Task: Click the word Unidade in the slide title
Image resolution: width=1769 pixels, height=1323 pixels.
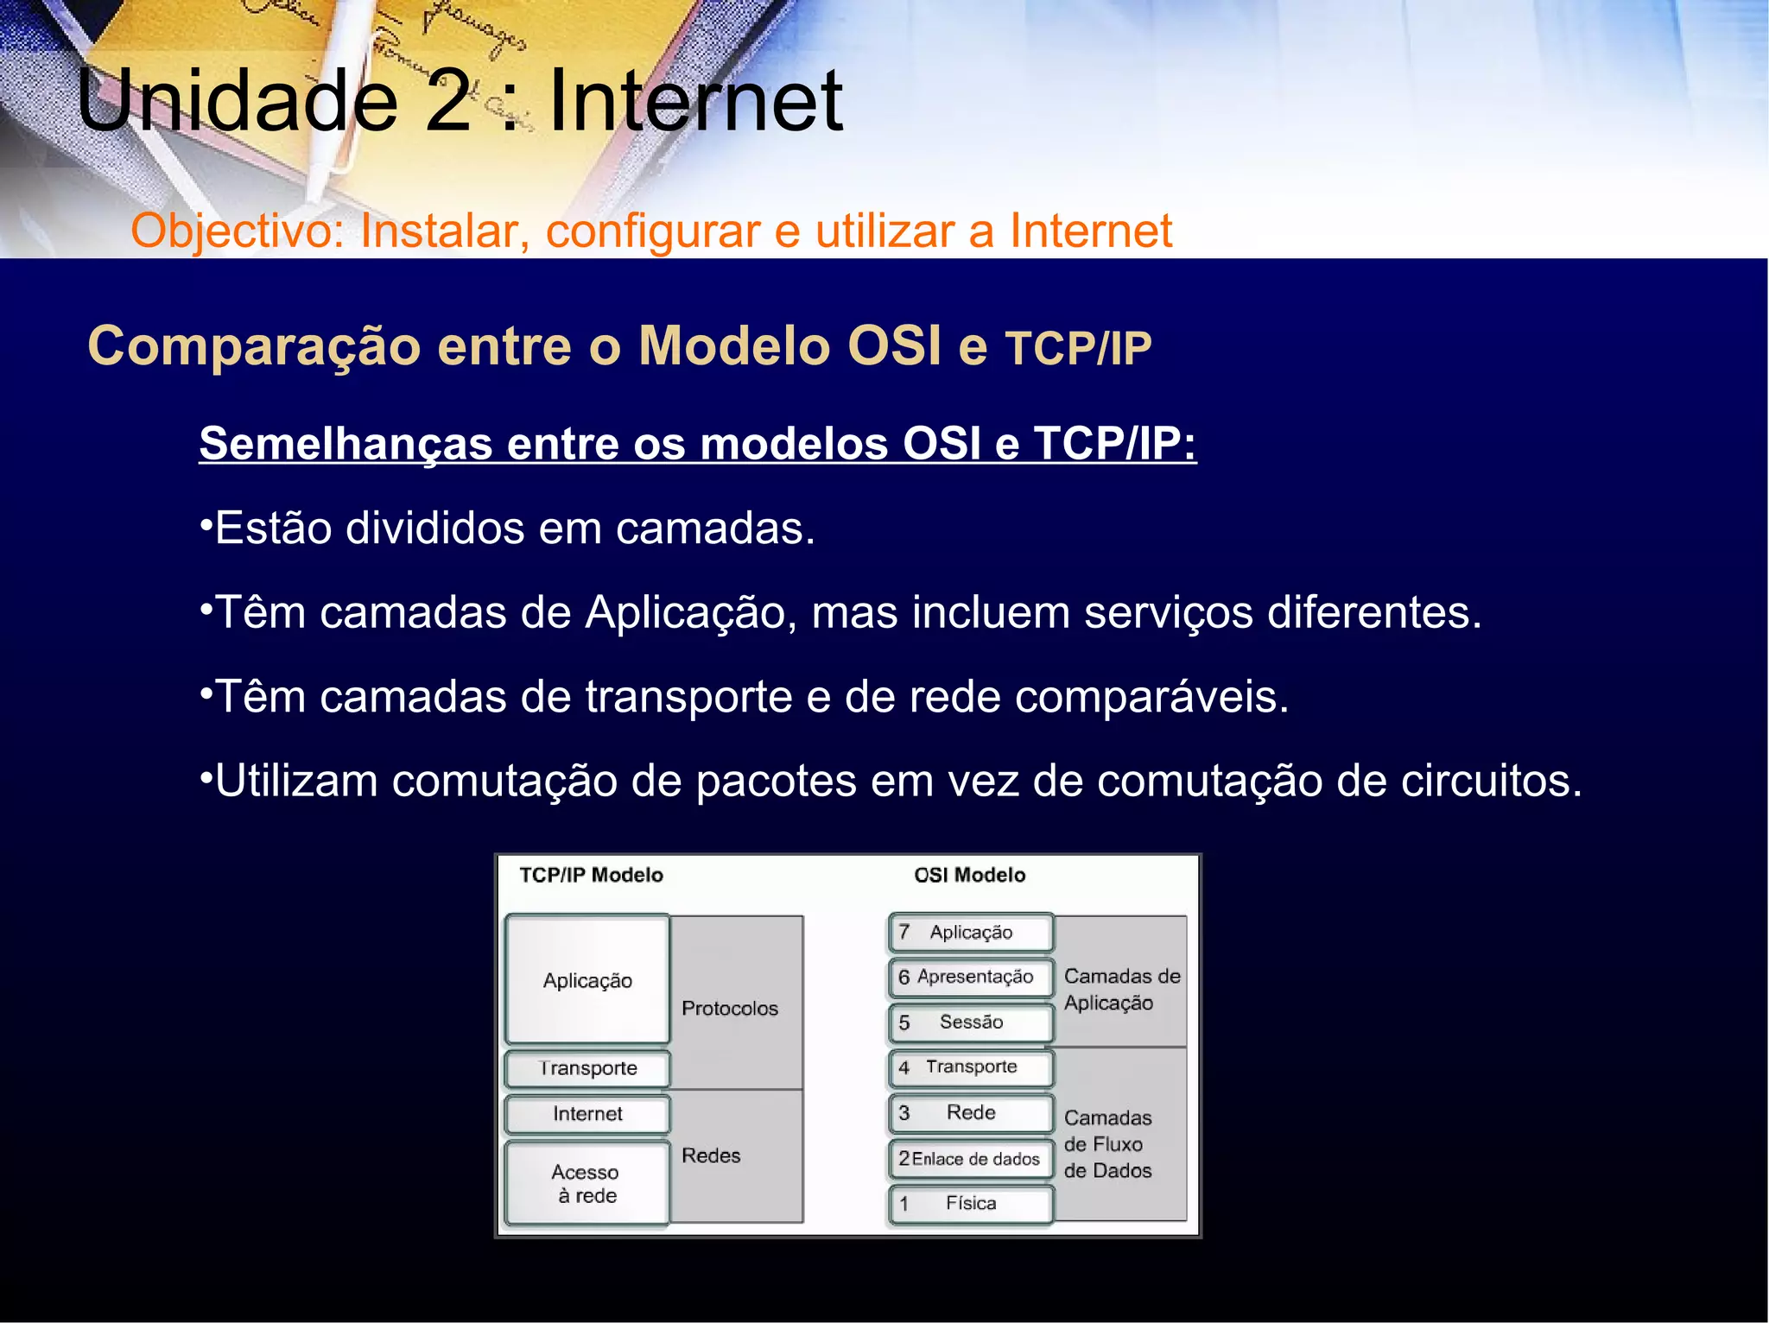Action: point(238,101)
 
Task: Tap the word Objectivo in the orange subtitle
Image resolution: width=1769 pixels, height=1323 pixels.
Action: point(237,231)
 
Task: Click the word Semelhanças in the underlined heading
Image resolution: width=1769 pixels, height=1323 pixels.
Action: point(346,444)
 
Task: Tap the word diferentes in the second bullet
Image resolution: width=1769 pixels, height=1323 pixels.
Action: point(1373,613)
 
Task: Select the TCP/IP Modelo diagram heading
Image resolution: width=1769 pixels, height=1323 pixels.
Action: point(591,875)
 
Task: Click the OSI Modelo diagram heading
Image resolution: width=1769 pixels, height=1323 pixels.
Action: point(969,875)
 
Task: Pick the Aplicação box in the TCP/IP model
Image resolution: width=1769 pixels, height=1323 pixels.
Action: point(587,980)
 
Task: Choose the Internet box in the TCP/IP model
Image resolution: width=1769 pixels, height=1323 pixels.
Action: point(587,1114)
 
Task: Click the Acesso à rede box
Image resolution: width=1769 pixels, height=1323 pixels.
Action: point(587,1184)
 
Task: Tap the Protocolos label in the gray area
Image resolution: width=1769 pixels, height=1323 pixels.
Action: point(730,1009)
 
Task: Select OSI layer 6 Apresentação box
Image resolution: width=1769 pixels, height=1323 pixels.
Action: point(971,977)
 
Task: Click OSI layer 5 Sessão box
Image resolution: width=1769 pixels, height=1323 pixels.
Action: point(971,1022)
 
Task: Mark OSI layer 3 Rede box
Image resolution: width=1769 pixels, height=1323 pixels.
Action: point(971,1112)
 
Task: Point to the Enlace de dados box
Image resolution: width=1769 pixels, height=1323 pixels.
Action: point(971,1159)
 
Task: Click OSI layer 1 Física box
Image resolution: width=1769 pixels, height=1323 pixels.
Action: point(971,1204)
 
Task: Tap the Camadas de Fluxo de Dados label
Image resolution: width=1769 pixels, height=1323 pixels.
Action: point(1107,1144)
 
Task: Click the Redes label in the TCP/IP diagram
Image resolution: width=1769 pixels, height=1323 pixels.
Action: point(711,1155)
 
